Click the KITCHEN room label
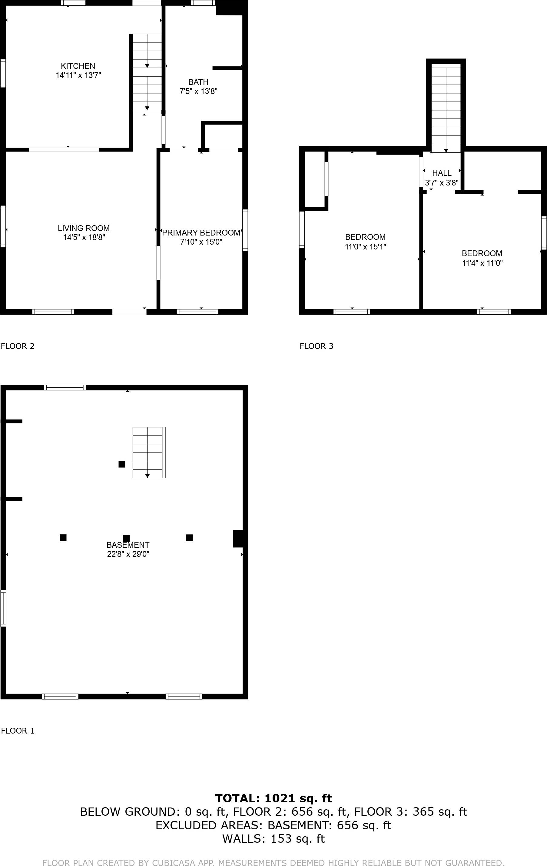tap(78, 66)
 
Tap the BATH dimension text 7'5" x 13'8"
tap(198, 91)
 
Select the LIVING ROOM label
tap(84, 228)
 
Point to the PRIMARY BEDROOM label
tap(201, 233)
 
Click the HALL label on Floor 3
tap(442, 173)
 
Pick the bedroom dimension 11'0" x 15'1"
tap(366, 247)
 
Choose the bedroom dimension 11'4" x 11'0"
tap(482, 263)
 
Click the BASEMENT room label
tap(128, 545)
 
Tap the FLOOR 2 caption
tap(18, 346)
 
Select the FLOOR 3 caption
tap(316, 346)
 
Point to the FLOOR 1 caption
tap(18, 731)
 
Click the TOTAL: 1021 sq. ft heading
tap(273, 798)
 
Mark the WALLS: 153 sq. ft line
tap(273, 839)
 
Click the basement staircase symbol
tap(149, 453)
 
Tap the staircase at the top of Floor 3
tap(446, 108)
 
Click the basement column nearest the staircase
tap(122, 464)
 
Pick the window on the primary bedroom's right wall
tap(245, 230)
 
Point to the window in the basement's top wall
tap(65, 387)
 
